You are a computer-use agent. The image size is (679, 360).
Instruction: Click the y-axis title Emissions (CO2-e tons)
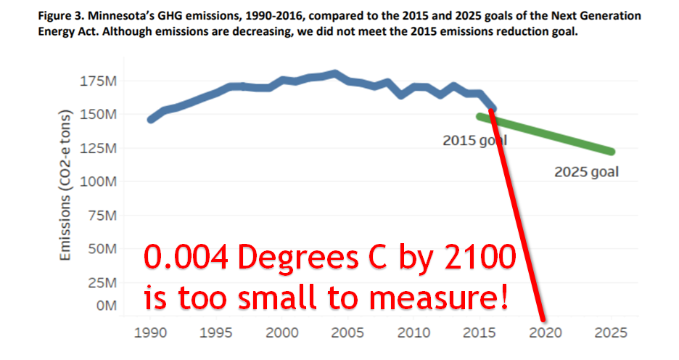[66, 185]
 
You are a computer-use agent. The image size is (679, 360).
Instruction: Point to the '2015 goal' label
[474, 140]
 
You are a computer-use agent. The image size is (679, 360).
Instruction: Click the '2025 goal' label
[586, 173]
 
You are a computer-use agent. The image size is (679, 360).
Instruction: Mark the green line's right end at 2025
[611, 152]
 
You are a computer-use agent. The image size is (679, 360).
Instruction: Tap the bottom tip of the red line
[542, 317]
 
